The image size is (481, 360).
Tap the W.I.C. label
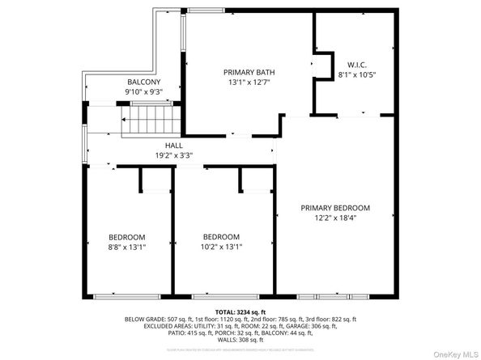click(x=356, y=65)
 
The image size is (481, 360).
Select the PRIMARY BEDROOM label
click(x=334, y=207)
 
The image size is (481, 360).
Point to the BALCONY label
click(x=144, y=83)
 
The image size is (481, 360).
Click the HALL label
click(x=174, y=145)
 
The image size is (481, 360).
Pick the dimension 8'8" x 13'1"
click(x=127, y=247)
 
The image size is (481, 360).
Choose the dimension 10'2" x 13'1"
click(x=221, y=247)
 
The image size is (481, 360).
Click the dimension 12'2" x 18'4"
click(x=334, y=217)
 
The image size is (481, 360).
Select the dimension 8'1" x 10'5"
click(x=356, y=74)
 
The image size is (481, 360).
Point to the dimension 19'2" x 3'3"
click(x=174, y=155)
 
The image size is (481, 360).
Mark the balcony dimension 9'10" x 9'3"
click(x=144, y=92)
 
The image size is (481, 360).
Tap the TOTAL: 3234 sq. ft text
click(x=240, y=311)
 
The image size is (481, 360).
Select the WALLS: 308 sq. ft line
click(x=240, y=341)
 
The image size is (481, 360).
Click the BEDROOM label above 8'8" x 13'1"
click(x=127, y=237)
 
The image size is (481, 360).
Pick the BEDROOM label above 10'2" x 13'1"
click(x=221, y=237)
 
